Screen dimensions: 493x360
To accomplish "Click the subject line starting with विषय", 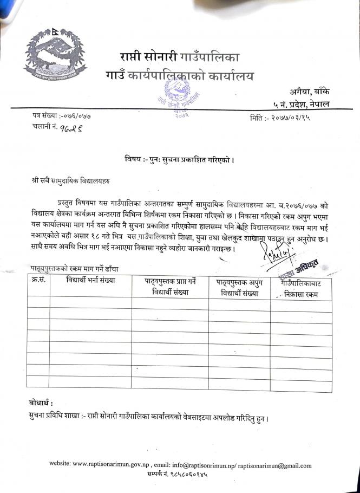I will [x=179, y=160].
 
